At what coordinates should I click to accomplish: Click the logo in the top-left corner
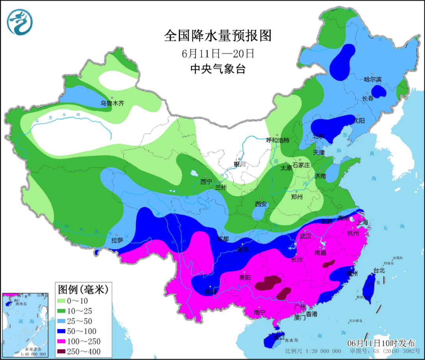[20, 21]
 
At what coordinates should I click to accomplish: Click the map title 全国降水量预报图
[218, 36]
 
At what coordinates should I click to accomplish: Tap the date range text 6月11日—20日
[218, 53]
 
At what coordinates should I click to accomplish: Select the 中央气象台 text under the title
[218, 69]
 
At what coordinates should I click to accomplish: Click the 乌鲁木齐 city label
[112, 104]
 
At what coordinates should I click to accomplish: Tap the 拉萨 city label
[117, 240]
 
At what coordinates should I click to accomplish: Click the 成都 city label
[223, 239]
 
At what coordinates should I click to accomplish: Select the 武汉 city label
[305, 236]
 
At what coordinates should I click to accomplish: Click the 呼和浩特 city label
[277, 140]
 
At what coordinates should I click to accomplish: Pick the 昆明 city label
[211, 292]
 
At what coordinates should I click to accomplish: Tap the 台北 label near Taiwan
[379, 271]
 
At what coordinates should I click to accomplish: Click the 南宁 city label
[260, 312]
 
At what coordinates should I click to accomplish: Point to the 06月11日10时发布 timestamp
[381, 343]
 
